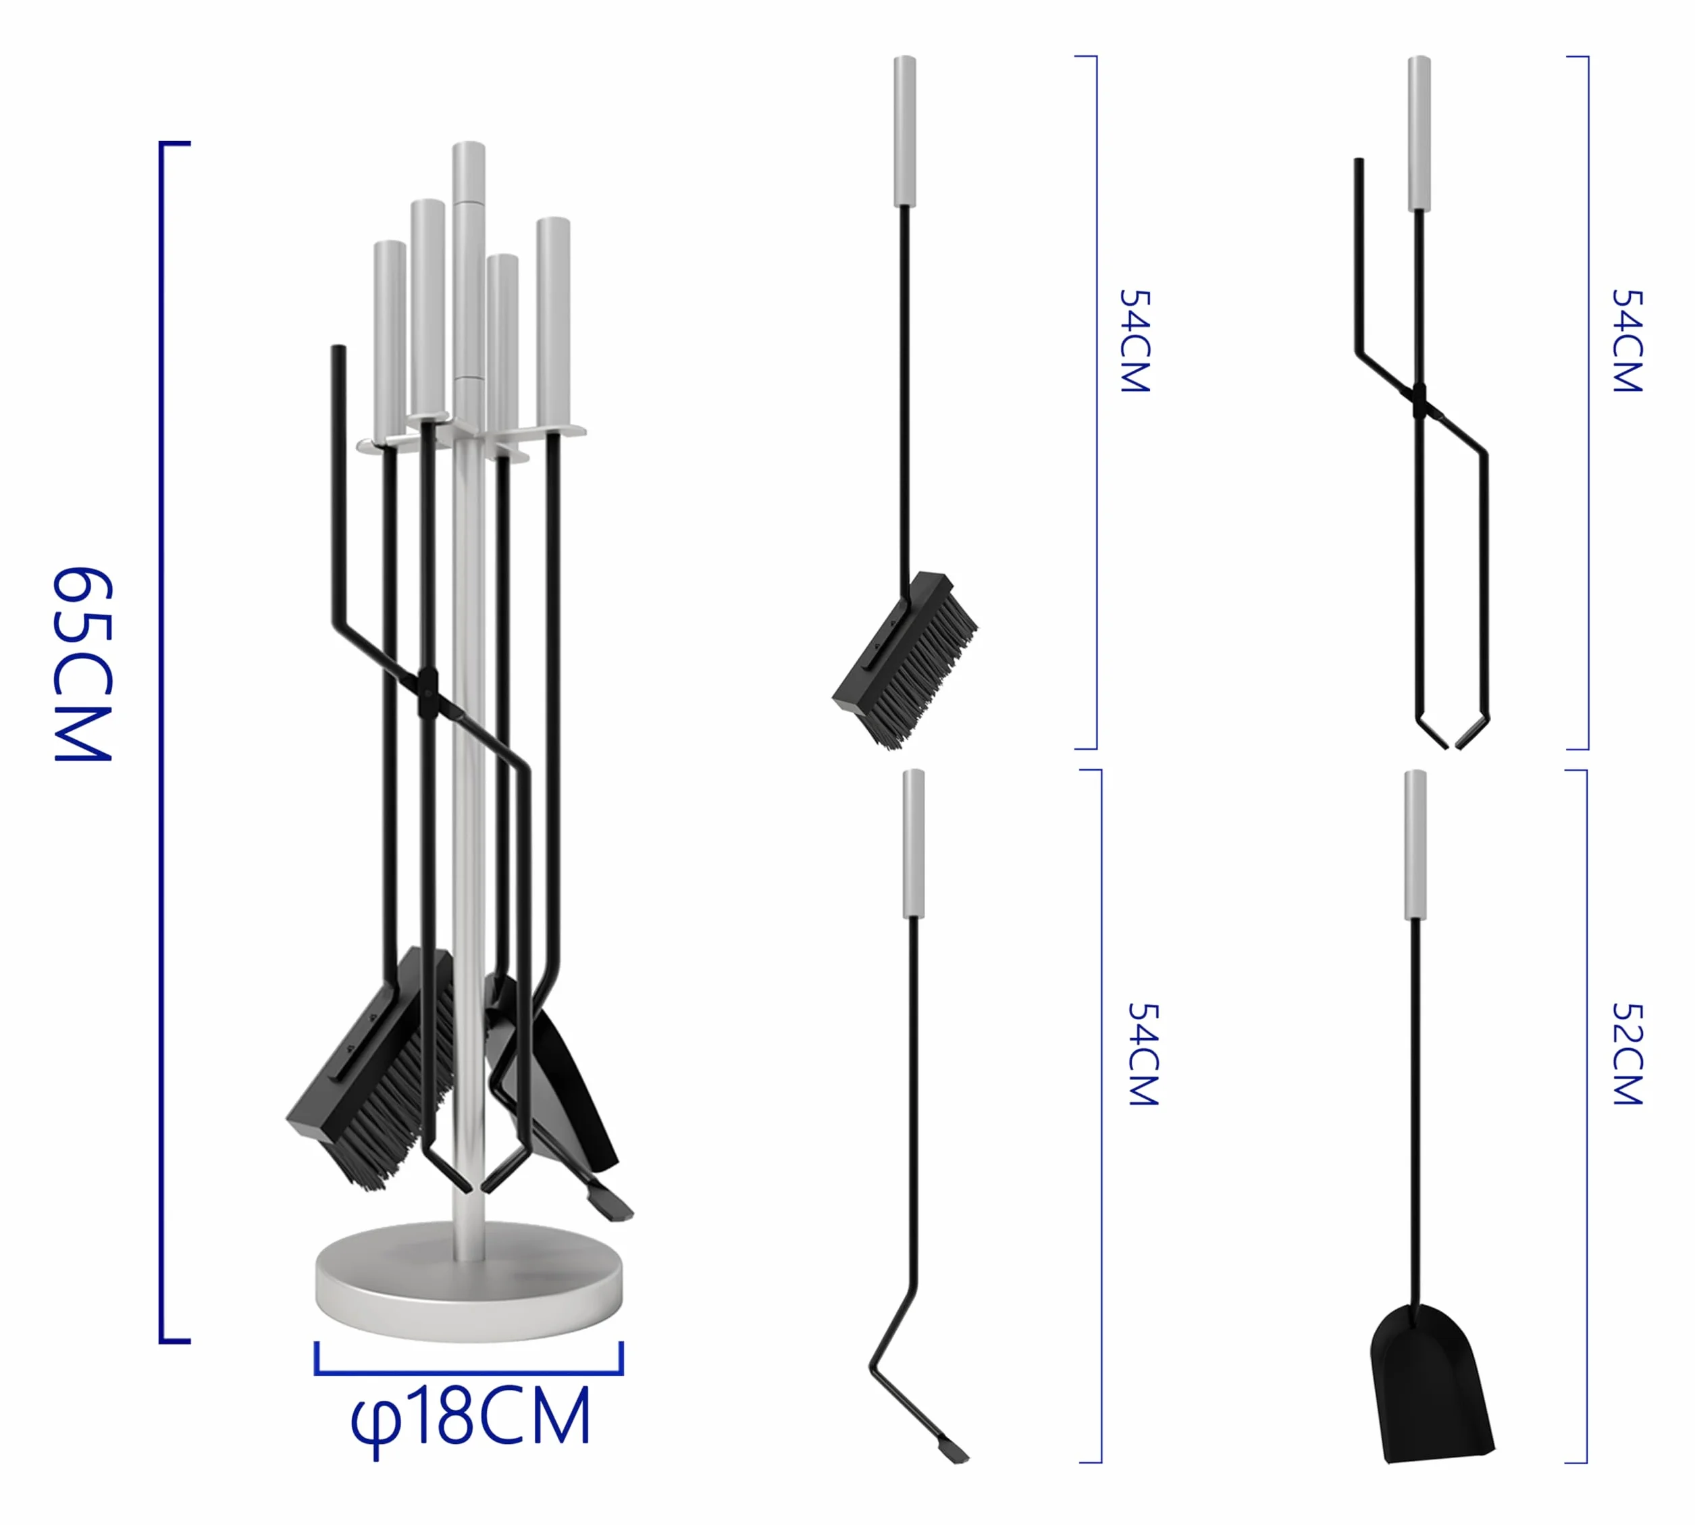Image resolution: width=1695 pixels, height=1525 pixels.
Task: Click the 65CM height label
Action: click(x=82, y=665)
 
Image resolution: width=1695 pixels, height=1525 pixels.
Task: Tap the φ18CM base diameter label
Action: click(x=470, y=1418)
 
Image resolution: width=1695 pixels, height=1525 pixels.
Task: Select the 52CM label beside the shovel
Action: click(x=1627, y=1054)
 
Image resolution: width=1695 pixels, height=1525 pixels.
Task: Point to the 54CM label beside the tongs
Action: click(x=1627, y=340)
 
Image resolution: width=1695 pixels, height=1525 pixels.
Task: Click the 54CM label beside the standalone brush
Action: click(x=1135, y=340)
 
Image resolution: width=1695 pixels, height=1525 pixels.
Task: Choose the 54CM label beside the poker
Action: click(x=1143, y=1054)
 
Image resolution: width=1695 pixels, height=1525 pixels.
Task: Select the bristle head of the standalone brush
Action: click(x=906, y=659)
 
